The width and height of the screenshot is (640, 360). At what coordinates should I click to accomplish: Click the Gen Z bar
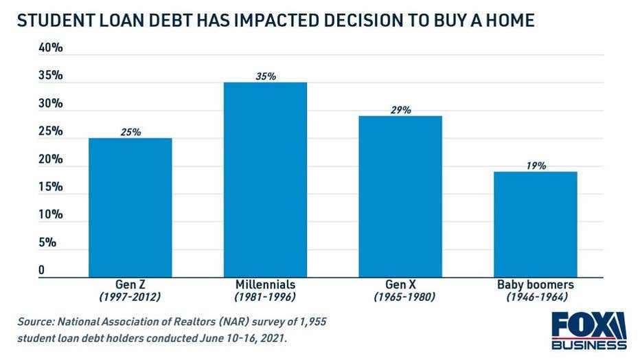(x=130, y=207)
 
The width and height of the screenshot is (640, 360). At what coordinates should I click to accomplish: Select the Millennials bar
(x=265, y=179)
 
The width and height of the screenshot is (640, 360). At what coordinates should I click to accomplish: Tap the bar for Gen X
(x=400, y=196)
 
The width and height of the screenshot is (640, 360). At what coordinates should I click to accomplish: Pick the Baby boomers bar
(x=536, y=223)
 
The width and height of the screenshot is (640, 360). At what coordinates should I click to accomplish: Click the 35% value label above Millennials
(x=265, y=76)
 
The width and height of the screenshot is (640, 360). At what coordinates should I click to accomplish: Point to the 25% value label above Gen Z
(x=130, y=132)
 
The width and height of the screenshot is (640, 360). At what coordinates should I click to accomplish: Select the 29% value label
(x=400, y=110)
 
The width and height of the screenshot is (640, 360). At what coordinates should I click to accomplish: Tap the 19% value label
(x=536, y=166)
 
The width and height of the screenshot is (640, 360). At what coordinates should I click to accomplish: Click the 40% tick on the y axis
(x=50, y=48)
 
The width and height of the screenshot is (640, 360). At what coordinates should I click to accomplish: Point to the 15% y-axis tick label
(x=50, y=187)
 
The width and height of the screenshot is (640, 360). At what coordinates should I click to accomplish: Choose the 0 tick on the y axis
(x=41, y=270)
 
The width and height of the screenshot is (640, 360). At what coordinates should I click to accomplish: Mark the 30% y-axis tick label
(x=50, y=104)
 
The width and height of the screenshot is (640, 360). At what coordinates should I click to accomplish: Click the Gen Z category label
(x=130, y=284)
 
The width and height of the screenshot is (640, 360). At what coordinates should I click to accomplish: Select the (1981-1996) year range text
(x=265, y=297)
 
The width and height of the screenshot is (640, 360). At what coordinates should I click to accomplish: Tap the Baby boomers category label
(x=536, y=284)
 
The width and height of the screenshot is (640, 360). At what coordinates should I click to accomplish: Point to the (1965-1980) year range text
(x=400, y=297)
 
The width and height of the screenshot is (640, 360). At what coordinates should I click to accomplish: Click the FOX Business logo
(x=588, y=330)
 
